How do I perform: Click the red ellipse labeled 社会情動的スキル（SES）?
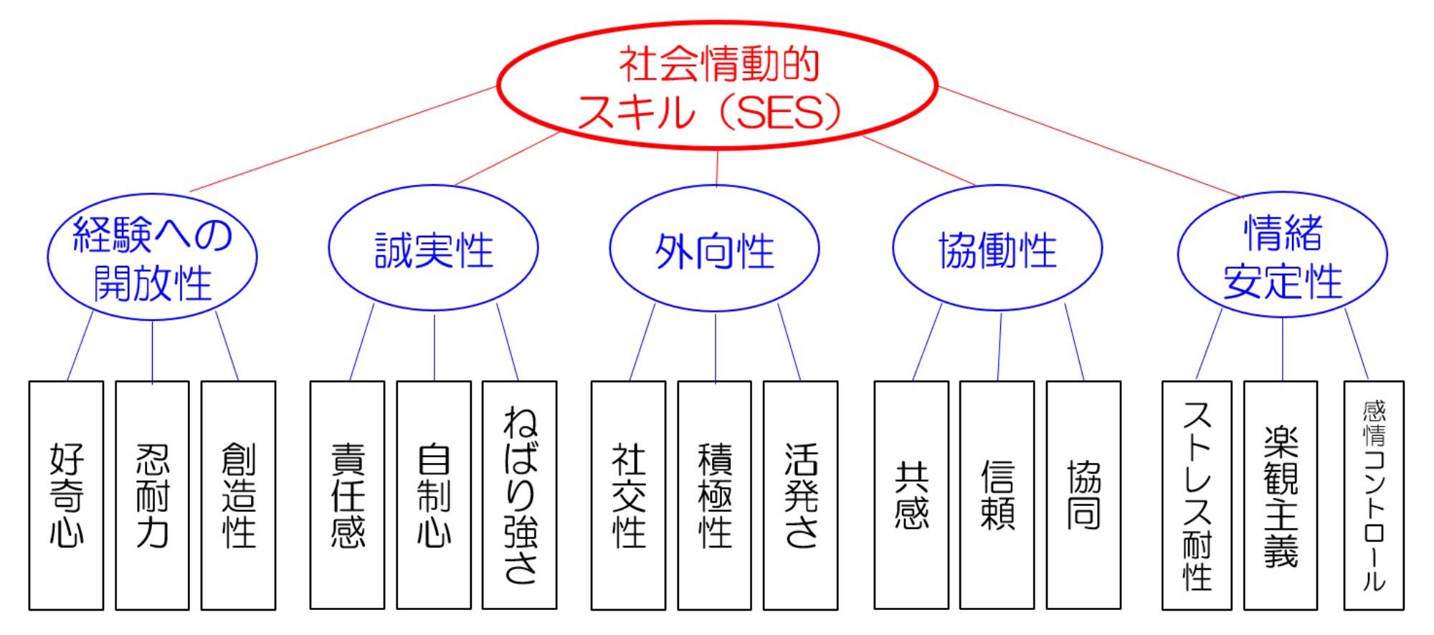pos(717,86)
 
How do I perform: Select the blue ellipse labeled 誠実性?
pos(433,249)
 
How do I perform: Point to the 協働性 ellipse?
pos(997,249)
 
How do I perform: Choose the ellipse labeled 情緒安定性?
pos(1282,255)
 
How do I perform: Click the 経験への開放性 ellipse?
pos(152,257)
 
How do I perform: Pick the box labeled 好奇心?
pos(66,495)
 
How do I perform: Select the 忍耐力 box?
pos(152,495)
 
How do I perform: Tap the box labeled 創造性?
pos(238,495)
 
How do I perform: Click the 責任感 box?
pos(347,495)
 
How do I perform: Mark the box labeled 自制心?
pos(434,495)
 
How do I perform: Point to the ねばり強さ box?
pos(520,495)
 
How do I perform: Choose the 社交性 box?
pos(628,495)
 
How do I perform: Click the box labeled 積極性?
pos(715,495)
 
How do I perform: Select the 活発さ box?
pos(801,495)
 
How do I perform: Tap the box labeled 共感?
pos(911,495)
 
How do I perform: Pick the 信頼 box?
pos(997,495)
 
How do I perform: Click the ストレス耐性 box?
pos(1197,495)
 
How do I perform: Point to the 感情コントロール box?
pos(1374,495)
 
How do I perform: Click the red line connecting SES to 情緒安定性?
pos(1090,142)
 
